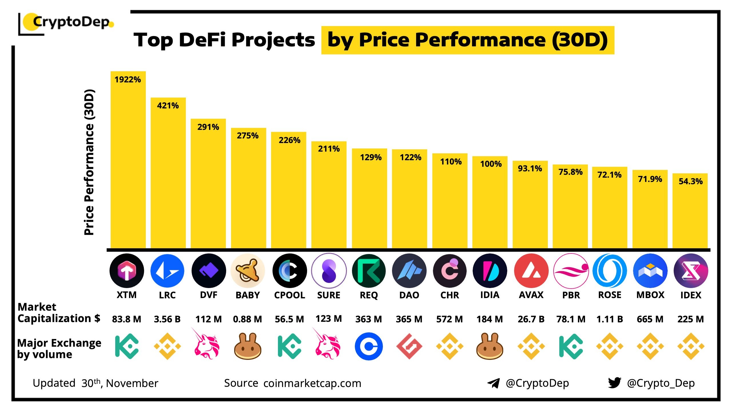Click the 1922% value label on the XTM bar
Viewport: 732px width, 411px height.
(x=128, y=80)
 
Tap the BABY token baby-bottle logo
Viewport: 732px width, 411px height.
(x=248, y=271)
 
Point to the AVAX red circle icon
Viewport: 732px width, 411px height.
(x=531, y=271)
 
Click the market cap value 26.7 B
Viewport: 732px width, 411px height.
(x=531, y=319)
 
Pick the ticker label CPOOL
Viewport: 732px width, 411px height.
(x=289, y=295)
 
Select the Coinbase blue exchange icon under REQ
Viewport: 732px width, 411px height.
(x=369, y=346)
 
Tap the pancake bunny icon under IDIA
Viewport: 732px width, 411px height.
(x=490, y=346)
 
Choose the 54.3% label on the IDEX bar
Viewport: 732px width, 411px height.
(x=691, y=181)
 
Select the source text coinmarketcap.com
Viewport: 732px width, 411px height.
(x=312, y=383)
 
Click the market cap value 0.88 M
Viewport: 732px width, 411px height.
(x=247, y=319)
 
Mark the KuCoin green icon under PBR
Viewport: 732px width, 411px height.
(x=571, y=346)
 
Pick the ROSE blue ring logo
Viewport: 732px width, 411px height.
(x=610, y=271)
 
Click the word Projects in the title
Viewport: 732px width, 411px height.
(x=273, y=40)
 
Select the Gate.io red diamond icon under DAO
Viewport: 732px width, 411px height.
(x=409, y=346)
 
